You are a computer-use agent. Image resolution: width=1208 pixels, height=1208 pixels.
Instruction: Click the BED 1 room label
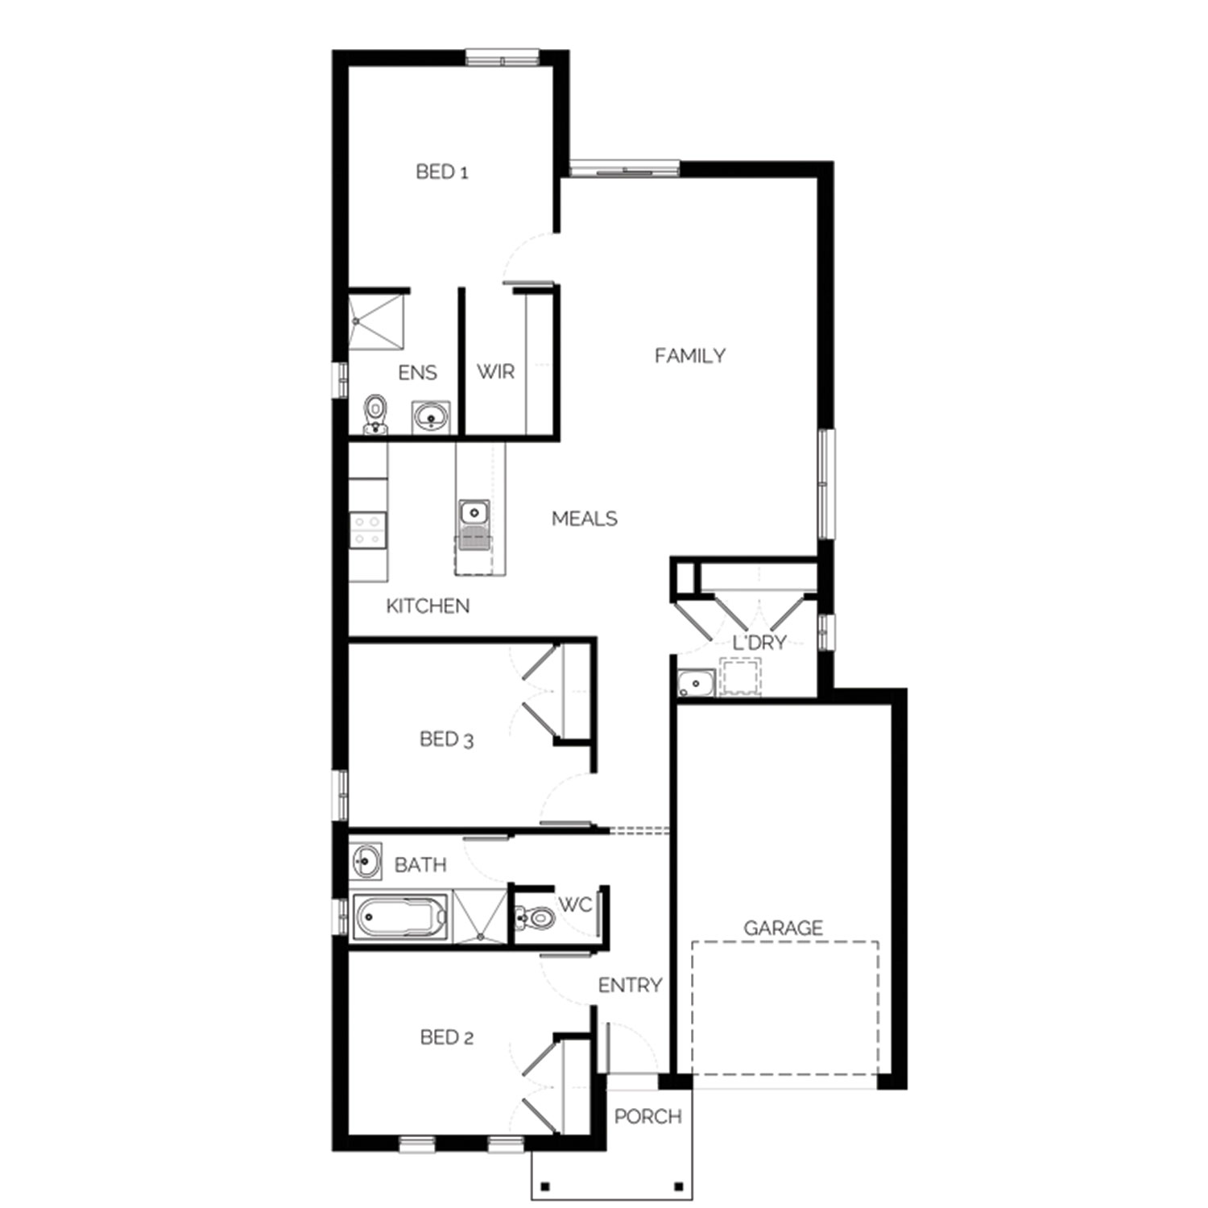tap(442, 172)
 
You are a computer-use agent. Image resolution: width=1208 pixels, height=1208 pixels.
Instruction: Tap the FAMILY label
tap(690, 355)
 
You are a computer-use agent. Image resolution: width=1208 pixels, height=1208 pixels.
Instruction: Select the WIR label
tap(495, 371)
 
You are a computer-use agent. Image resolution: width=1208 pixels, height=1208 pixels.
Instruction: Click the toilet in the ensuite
tap(374, 414)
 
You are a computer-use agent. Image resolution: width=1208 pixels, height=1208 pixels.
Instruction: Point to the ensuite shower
tap(376, 321)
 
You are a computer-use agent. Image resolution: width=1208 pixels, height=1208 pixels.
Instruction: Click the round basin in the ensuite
tap(432, 417)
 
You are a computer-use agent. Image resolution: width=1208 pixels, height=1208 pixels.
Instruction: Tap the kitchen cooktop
tap(368, 530)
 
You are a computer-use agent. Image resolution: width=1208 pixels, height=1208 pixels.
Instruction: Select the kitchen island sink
tap(474, 512)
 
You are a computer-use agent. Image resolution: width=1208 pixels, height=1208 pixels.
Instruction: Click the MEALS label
tap(585, 519)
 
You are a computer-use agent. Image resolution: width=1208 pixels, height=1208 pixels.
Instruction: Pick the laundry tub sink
tap(696, 684)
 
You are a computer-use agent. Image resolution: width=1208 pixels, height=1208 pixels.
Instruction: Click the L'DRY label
tap(759, 643)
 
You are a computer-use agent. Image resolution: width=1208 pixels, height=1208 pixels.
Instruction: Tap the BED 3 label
tap(447, 739)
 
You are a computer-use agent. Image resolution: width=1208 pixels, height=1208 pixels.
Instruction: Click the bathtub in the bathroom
tap(401, 916)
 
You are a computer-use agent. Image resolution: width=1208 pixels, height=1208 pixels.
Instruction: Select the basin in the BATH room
tap(366, 861)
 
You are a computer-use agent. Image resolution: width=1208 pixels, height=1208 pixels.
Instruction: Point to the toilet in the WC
tap(536, 916)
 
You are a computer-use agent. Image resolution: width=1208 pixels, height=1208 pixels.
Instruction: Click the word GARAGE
tap(783, 928)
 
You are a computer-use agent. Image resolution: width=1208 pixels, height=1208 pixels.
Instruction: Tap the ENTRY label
tap(630, 985)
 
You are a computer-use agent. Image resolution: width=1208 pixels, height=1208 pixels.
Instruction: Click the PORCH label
tap(648, 1116)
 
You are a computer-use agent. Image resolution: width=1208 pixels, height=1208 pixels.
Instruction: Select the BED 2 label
tap(447, 1037)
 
